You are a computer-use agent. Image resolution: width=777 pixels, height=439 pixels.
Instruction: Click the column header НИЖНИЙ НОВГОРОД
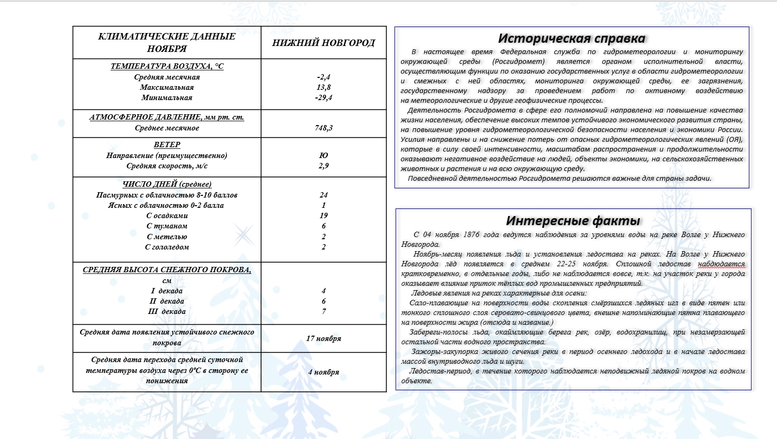coord(323,43)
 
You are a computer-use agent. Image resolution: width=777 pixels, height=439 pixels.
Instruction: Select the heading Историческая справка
coord(572,39)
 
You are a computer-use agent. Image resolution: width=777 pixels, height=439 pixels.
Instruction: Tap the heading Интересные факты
coord(573,220)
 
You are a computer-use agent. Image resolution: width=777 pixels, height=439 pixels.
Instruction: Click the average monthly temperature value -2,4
coord(324,77)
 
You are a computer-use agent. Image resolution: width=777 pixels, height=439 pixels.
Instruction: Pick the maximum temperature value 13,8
coord(324,87)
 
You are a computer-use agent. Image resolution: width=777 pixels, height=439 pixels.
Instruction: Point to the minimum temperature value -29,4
coord(324,98)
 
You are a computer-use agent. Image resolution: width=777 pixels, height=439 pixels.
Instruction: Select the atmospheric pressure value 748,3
coord(324,128)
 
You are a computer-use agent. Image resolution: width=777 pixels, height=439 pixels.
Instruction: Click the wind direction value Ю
coord(324,155)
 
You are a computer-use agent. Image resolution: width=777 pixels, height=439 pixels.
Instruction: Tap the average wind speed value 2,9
coord(324,166)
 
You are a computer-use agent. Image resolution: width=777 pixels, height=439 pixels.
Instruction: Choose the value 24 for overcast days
coord(324,195)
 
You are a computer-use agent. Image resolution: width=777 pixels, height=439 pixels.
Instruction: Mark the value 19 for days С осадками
coord(324,215)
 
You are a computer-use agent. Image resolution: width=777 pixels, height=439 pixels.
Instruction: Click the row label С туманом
coord(167,226)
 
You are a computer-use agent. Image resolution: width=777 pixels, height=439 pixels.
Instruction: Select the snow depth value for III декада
coord(324,311)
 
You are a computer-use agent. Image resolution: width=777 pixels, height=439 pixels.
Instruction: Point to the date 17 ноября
coord(324,338)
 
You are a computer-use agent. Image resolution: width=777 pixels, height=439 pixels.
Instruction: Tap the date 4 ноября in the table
coord(324,372)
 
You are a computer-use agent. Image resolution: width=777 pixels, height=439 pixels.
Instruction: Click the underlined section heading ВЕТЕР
coord(167,145)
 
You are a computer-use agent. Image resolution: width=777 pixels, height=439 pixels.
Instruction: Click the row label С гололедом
coord(167,247)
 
